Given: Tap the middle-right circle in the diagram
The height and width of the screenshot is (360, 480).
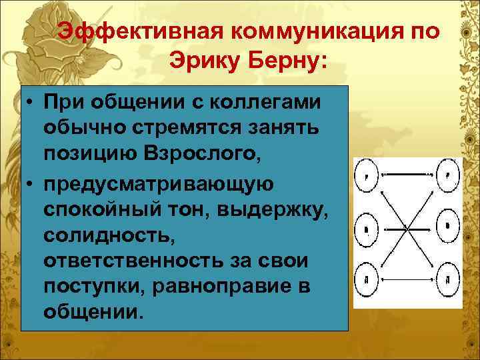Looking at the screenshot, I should click(447, 226).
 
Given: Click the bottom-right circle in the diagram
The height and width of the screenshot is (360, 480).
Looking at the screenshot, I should click(447, 275).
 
